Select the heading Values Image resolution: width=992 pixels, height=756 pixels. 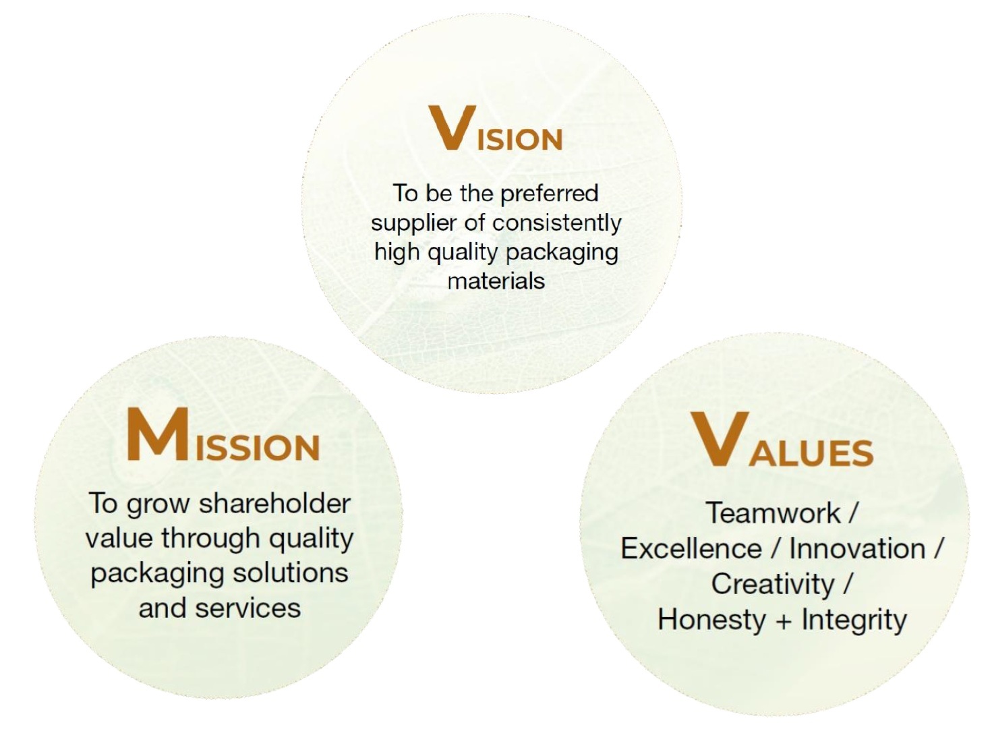pyautogui.click(x=782, y=438)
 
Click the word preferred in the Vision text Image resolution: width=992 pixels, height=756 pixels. pyautogui.click(x=549, y=194)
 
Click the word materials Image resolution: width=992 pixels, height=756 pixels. pyautogui.click(x=496, y=281)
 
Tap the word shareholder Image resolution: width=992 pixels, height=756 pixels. pyautogui.click(x=274, y=503)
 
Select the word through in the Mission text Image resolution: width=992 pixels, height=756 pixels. pyautogui.click(x=210, y=539)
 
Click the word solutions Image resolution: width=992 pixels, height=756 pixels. pyautogui.click(x=291, y=573)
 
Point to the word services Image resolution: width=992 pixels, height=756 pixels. pyautogui.click(x=247, y=608)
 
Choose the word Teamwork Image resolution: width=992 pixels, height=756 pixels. pyautogui.click(x=773, y=513)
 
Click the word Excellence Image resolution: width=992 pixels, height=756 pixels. pyautogui.click(x=691, y=549)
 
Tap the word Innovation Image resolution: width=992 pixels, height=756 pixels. pyautogui.click(x=857, y=549)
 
